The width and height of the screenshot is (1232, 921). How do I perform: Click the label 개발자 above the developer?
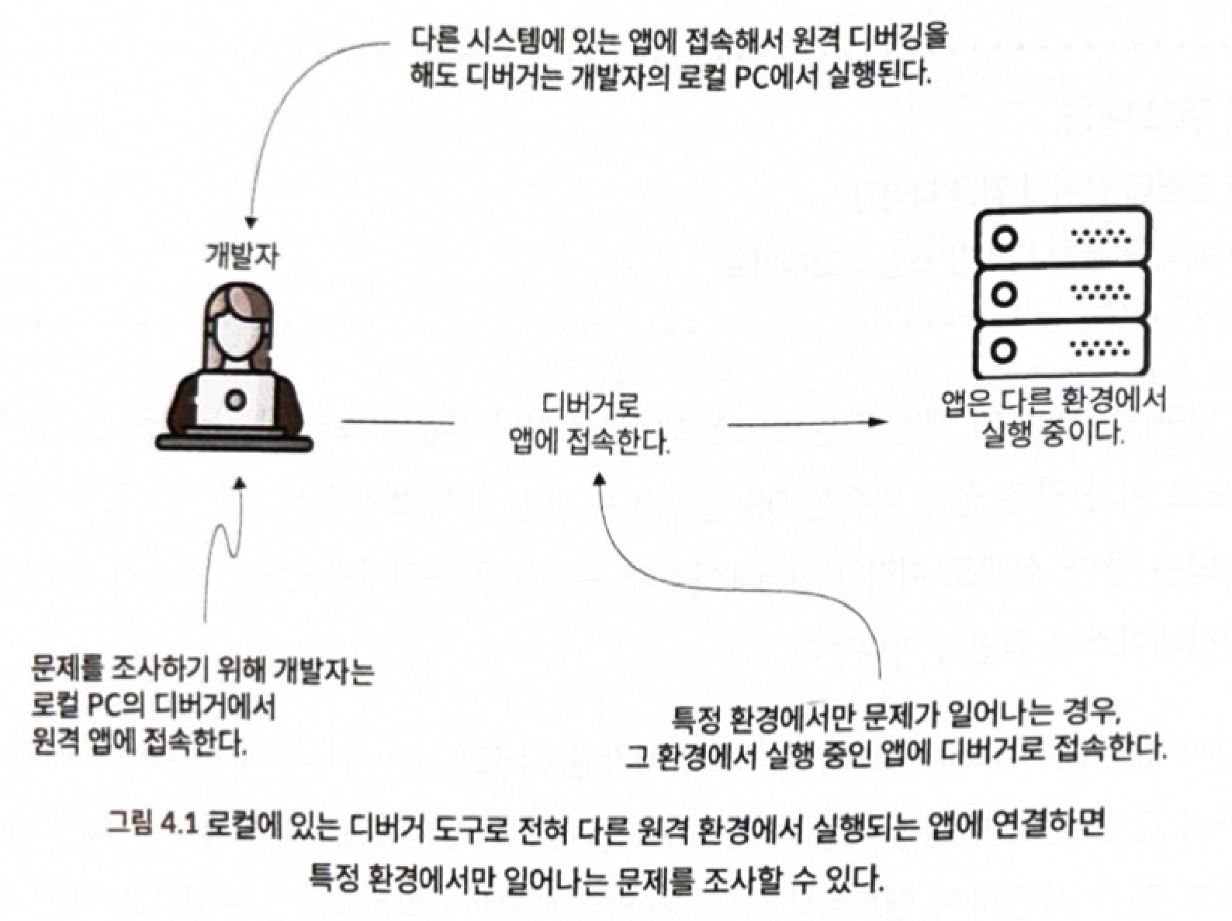tap(241, 255)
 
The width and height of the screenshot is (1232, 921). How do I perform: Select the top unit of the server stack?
tap(1062, 237)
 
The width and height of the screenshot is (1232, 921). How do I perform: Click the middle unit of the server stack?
tap(1062, 294)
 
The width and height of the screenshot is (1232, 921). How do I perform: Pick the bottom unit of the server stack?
tap(1062, 350)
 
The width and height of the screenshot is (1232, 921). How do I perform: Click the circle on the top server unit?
tap(1005, 237)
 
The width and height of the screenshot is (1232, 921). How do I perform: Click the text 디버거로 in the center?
tap(590, 405)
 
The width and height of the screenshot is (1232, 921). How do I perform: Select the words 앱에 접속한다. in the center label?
tap(589, 442)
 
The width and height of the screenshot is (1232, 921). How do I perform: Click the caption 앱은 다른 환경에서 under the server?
tap(1054, 401)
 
